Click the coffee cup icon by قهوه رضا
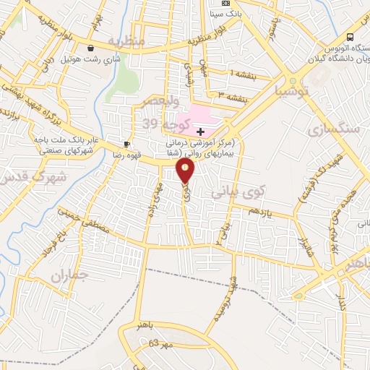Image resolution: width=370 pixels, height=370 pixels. click(x=126, y=145)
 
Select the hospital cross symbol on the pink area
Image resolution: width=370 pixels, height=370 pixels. click(x=200, y=131)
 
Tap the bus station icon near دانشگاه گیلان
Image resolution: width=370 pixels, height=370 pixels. click(x=350, y=36)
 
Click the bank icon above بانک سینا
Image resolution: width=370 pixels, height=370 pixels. click(x=225, y=4)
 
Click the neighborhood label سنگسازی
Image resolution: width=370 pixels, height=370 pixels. click(x=333, y=130)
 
